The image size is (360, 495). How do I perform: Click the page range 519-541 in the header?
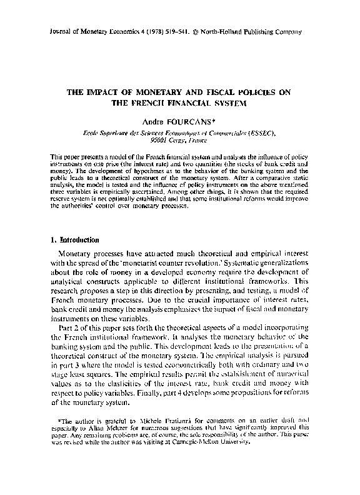(174, 30)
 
